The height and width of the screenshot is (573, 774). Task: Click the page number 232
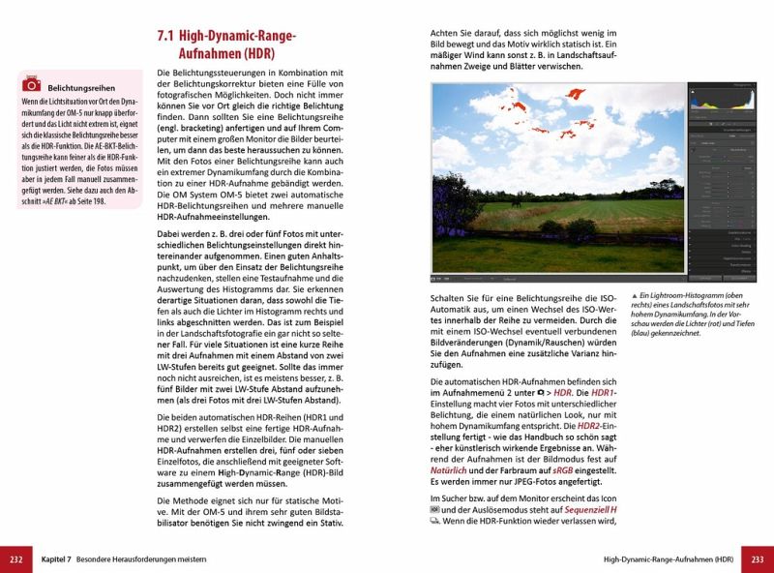[15, 558]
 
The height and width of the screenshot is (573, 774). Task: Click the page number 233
[758, 558]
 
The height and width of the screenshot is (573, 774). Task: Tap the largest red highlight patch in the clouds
[575, 94]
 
